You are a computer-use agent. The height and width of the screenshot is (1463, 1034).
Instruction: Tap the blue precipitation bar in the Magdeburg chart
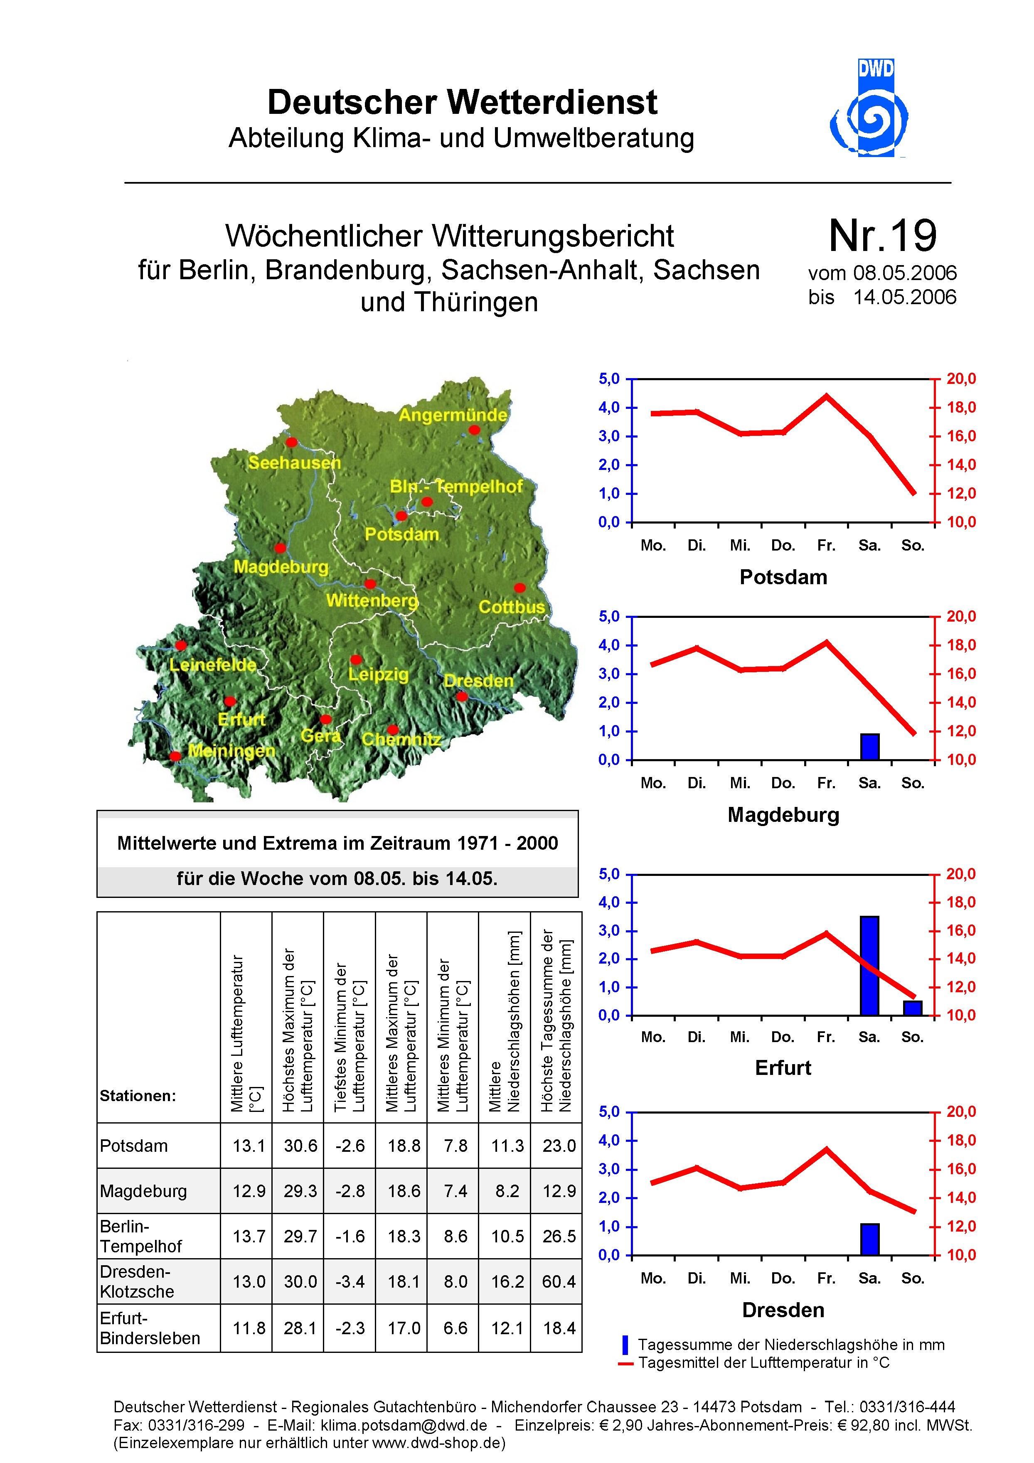coord(869,747)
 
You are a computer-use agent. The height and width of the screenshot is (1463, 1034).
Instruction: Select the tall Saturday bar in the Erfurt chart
coord(869,965)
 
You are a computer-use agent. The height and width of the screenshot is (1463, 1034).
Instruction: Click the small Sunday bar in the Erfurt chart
coord(912,1008)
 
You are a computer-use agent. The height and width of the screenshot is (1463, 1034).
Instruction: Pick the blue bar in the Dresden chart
coord(869,1239)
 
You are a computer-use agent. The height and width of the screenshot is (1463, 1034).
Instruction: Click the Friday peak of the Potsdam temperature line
coord(826,396)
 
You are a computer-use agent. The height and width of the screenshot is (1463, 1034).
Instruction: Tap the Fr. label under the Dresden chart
coord(826,1278)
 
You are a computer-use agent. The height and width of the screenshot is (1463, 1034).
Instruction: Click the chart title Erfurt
coord(783,1068)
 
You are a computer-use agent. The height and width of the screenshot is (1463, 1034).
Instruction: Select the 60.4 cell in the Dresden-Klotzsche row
coord(559,1281)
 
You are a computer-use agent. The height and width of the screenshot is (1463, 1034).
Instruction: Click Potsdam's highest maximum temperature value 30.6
coord(300,1146)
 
